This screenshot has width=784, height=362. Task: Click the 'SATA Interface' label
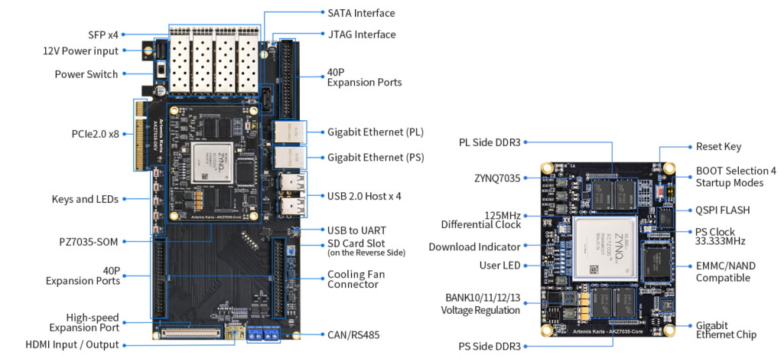[x=361, y=13]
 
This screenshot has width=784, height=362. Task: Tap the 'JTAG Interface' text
[x=362, y=34]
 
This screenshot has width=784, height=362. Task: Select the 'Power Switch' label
[x=86, y=74]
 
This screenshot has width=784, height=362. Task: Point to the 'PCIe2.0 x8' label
[x=90, y=133]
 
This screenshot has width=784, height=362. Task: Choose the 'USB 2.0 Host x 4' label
[x=364, y=196]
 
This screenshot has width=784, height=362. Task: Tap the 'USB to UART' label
[x=356, y=230]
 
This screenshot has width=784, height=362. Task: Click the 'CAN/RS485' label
[x=353, y=334]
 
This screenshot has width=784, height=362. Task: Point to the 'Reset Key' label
[x=718, y=146]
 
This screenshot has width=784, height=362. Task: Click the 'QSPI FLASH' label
[x=723, y=210]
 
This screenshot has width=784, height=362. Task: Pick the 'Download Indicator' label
[x=474, y=247]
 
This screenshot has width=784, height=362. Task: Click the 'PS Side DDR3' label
[x=490, y=347]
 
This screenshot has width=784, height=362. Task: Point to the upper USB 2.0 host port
[x=291, y=184]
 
